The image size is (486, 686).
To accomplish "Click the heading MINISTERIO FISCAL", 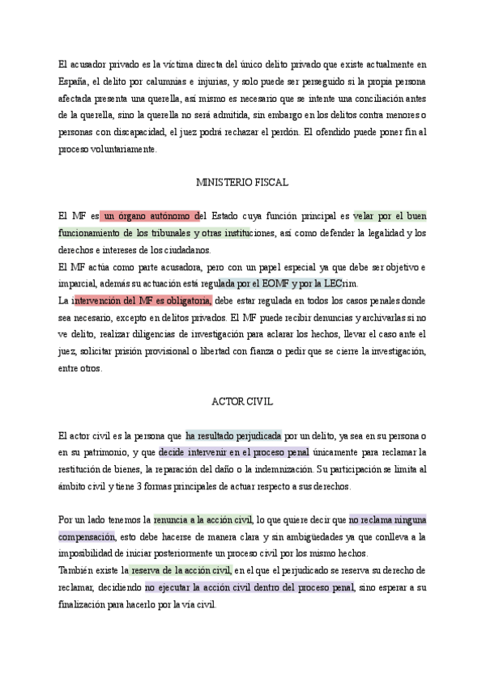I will tap(242, 183).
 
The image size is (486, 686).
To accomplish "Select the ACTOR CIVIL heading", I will tap(242, 401).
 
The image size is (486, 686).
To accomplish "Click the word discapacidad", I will tap(142, 133).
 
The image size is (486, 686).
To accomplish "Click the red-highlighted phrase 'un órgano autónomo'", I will tap(150, 216).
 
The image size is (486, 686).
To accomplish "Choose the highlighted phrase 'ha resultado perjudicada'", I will tap(233, 435).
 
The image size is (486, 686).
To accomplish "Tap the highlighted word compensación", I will tap(87, 536).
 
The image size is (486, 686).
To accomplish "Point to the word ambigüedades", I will tap(267, 536).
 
